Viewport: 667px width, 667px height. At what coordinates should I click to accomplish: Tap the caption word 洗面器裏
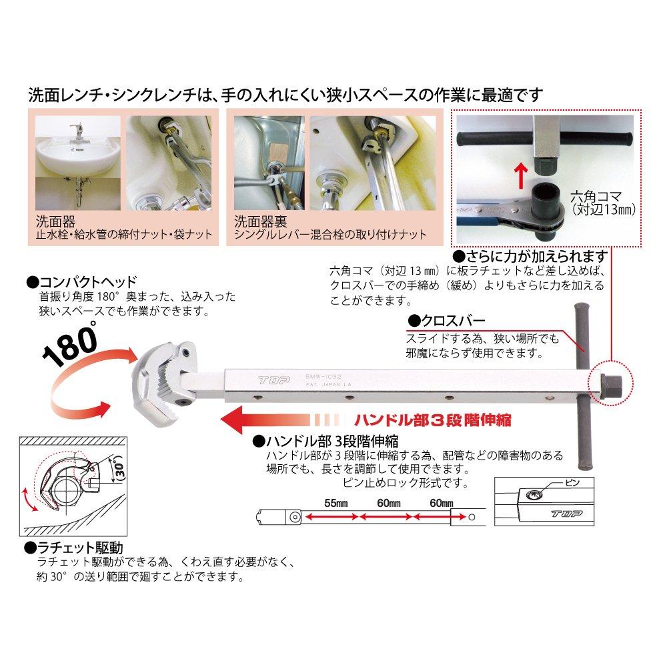(253, 221)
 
